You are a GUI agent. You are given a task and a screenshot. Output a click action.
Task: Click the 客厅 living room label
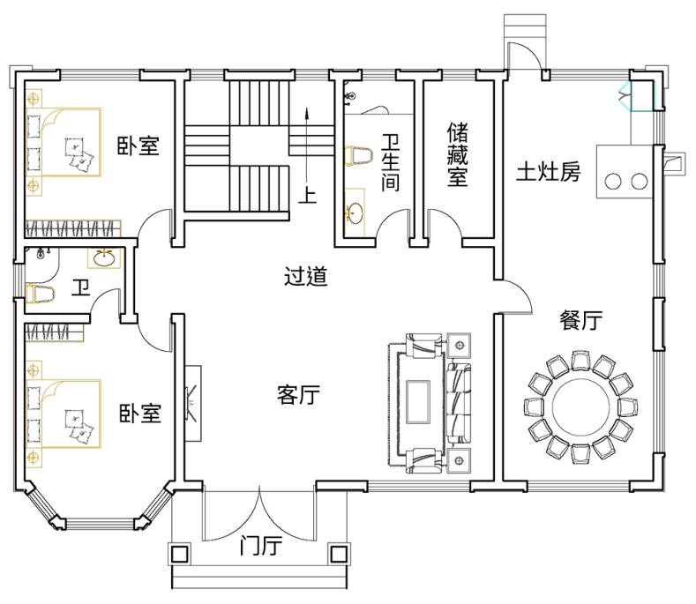[297, 396]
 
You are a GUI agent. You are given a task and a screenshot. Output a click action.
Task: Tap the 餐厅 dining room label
[580, 321]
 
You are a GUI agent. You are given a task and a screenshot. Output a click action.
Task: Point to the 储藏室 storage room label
[457, 154]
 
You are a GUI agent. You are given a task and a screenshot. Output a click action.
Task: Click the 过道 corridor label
[305, 277]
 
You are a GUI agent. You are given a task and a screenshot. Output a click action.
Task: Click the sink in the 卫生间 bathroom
[356, 212]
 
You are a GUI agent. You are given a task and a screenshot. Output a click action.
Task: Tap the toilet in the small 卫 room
[41, 295]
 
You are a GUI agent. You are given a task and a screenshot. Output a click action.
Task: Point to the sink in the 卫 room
[104, 258]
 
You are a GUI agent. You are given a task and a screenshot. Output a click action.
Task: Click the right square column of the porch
[336, 555]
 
